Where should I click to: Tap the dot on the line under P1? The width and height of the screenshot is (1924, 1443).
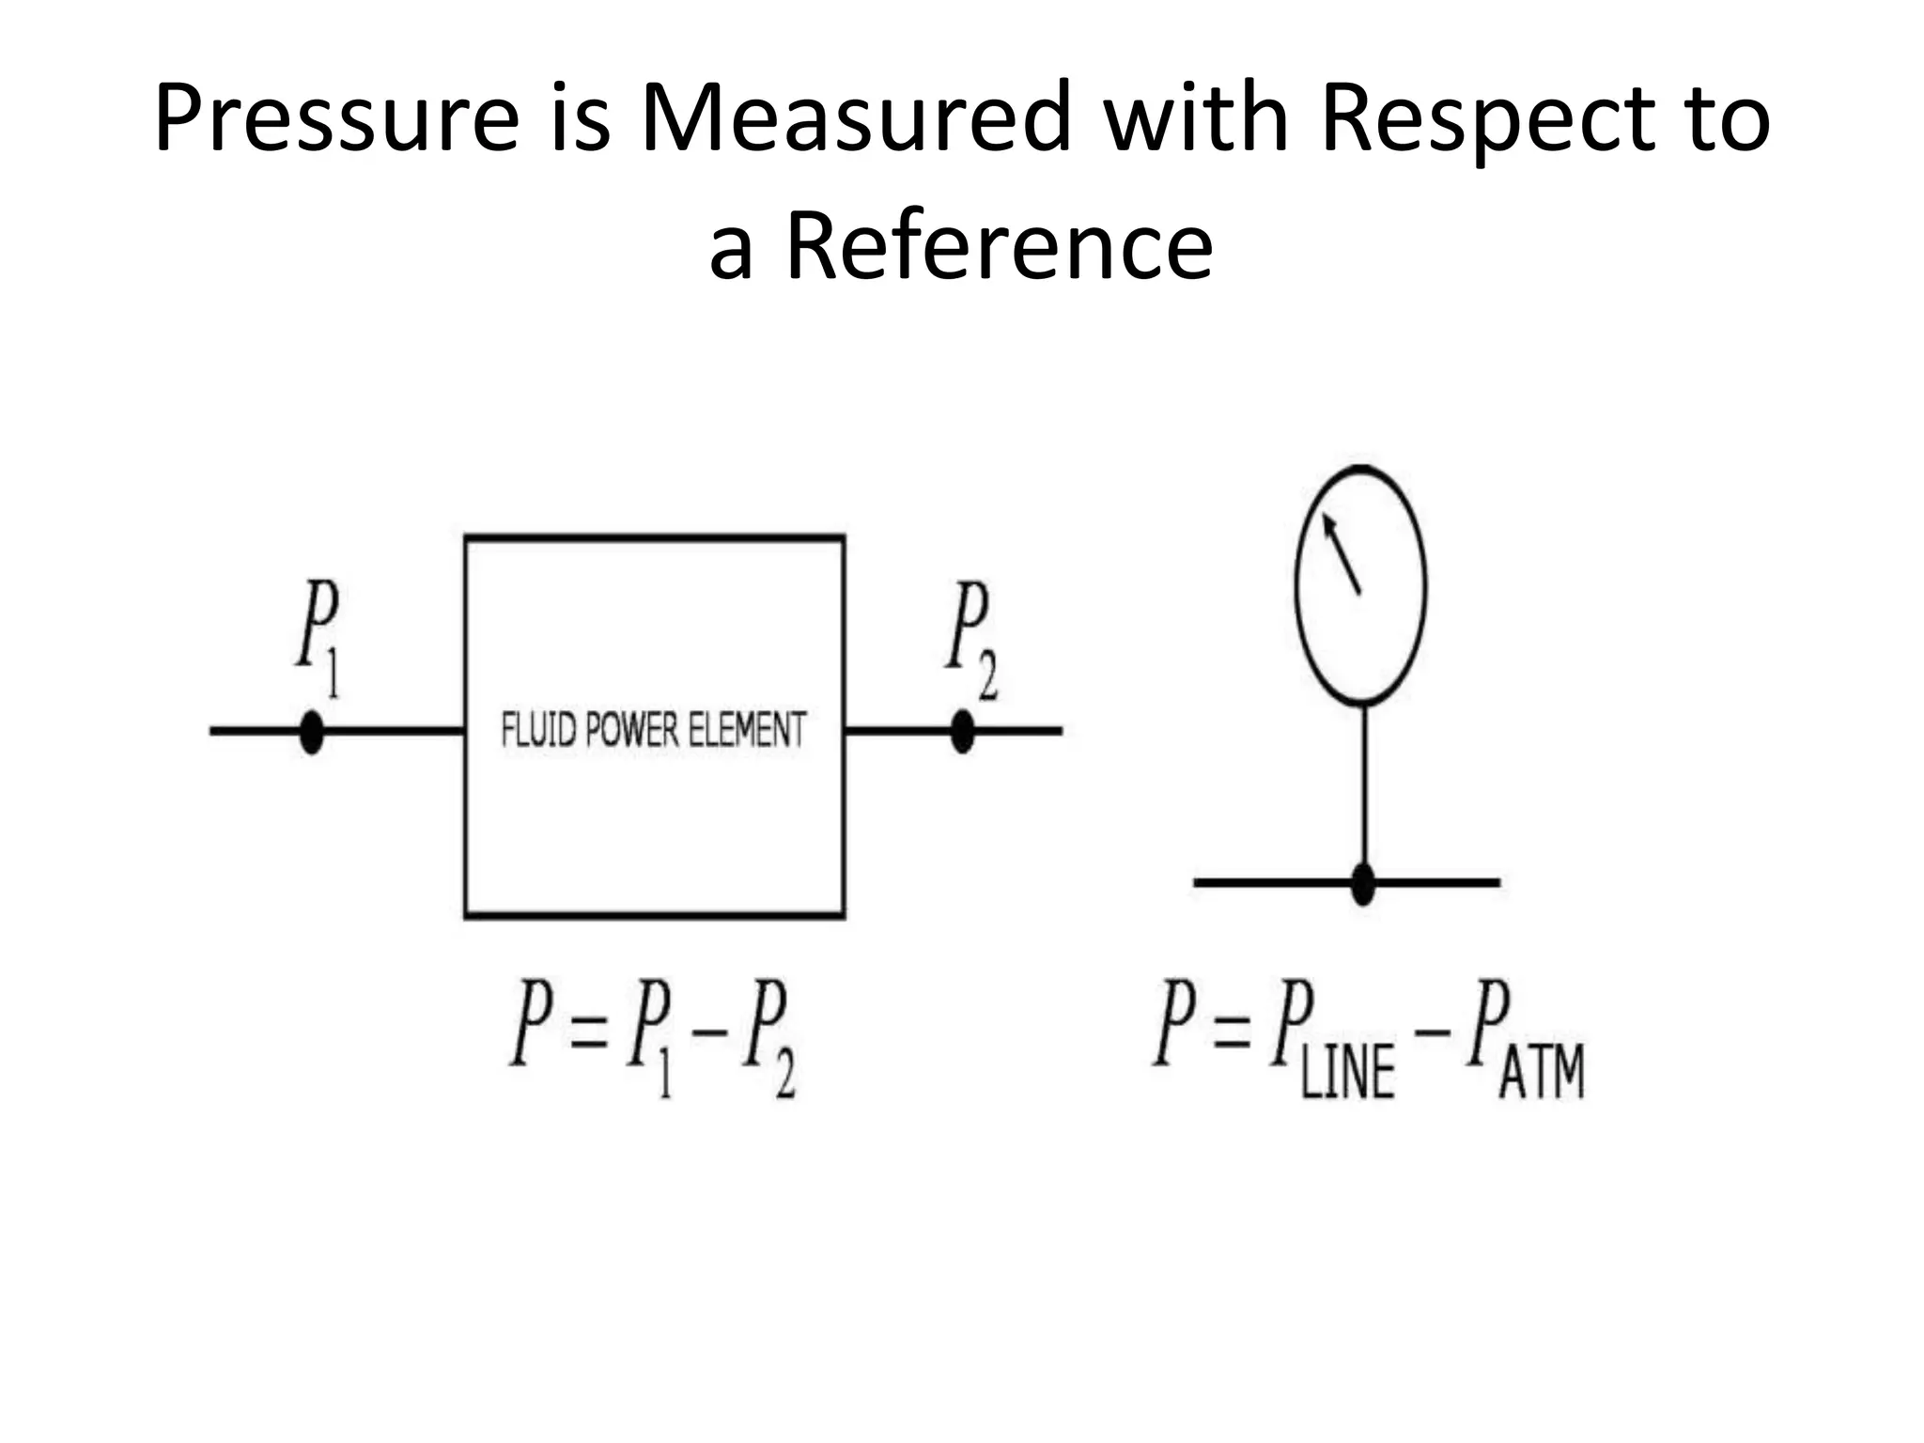click(x=311, y=731)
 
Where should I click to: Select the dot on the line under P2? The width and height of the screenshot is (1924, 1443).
click(x=962, y=731)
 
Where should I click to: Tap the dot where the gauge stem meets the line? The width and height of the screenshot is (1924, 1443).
click(x=1363, y=883)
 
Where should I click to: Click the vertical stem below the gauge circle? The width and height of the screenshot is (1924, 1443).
click(x=1364, y=789)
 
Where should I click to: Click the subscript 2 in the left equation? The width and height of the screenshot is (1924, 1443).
click(x=784, y=1076)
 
